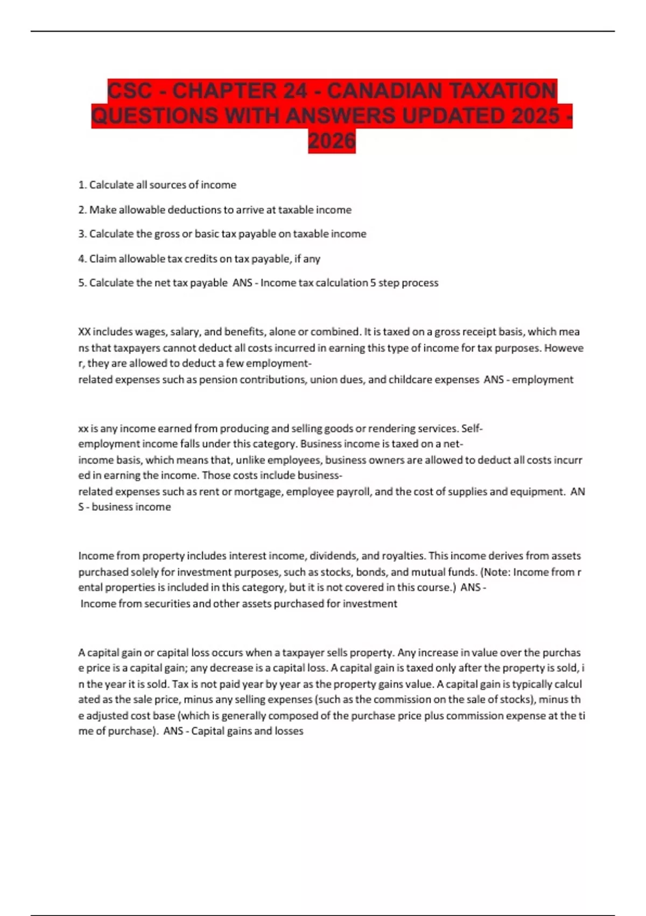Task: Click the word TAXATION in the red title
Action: pyautogui.click(x=502, y=91)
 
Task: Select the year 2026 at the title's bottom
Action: pyautogui.click(x=332, y=141)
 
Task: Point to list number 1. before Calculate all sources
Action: pyautogui.click(x=83, y=185)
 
